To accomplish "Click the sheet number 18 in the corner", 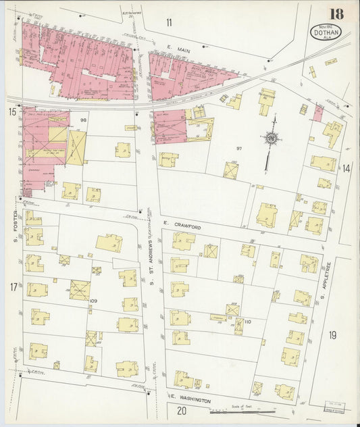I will [x=336, y=14].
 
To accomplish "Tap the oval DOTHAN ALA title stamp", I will [x=326, y=31].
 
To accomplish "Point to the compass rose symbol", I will [x=271, y=139].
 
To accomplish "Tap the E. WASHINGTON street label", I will [x=191, y=400].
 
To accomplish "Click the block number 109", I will [x=93, y=300].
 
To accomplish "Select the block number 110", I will [x=247, y=322].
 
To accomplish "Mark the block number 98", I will [x=84, y=120].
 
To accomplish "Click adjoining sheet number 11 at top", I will [x=169, y=22].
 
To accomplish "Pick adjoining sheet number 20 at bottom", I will [x=181, y=410].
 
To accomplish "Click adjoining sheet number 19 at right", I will [x=332, y=335].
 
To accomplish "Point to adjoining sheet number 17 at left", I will [x=13, y=288].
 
